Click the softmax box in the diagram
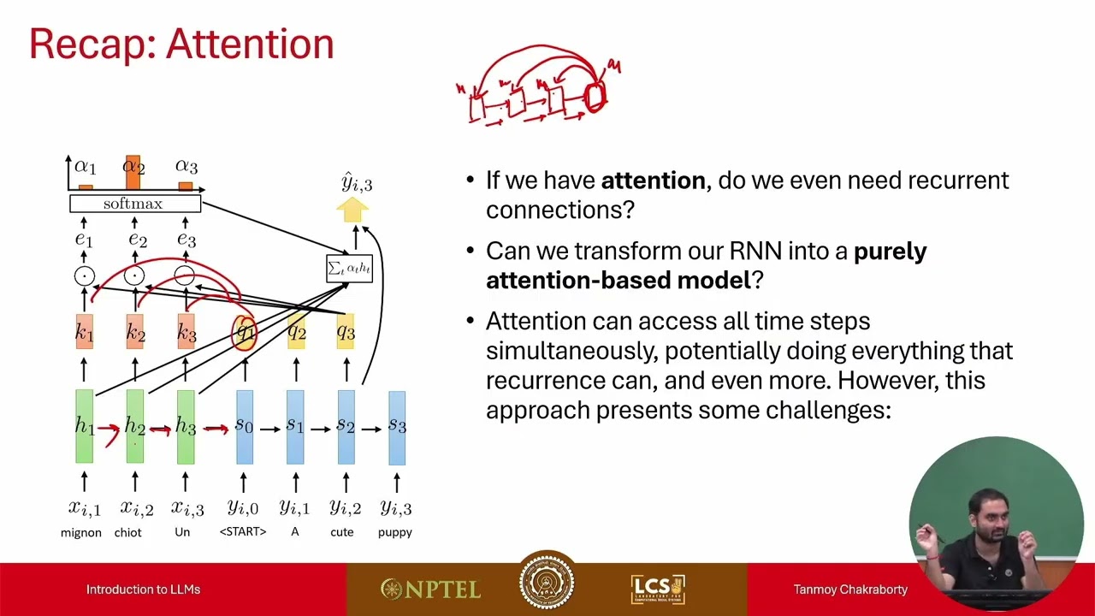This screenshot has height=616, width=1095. (x=135, y=204)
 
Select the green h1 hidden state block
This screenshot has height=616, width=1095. (x=84, y=426)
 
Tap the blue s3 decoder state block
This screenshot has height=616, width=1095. (x=397, y=427)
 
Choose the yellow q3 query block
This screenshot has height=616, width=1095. (x=346, y=332)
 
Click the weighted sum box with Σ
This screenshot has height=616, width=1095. (x=349, y=269)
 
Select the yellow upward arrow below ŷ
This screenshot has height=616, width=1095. (x=352, y=210)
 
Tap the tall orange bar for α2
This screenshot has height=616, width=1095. (x=133, y=172)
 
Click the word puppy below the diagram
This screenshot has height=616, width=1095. (x=394, y=532)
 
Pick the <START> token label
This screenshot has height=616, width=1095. (x=243, y=532)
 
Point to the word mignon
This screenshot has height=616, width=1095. (x=81, y=532)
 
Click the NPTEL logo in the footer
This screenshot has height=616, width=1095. (x=430, y=589)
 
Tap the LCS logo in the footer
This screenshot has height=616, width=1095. (x=657, y=589)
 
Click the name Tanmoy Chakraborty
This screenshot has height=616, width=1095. (x=850, y=589)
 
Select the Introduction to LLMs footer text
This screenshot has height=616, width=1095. (x=143, y=589)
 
